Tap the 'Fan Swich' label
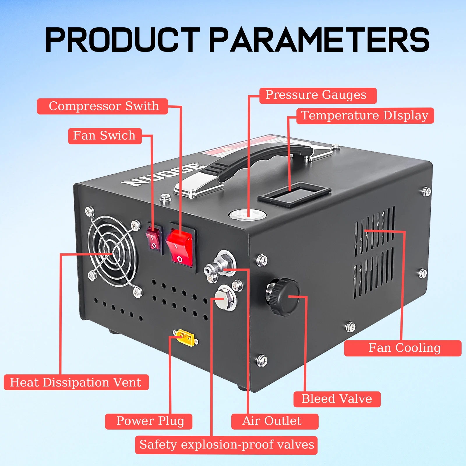[105, 136]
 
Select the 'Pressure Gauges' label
[318, 96]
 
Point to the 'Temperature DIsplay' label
[365, 116]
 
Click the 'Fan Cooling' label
[403, 348]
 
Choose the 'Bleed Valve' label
[337, 399]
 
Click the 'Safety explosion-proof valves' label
[226, 445]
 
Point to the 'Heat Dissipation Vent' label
[76, 382]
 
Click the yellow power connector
[184, 338]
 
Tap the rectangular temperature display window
[294, 195]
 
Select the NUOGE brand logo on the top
[162, 174]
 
